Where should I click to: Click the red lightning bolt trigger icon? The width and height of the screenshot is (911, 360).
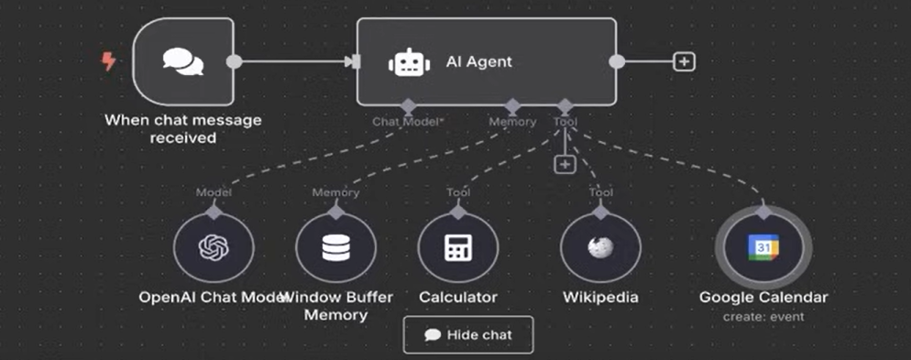[x=108, y=62]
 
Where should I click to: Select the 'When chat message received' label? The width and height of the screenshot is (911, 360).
[x=182, y=129]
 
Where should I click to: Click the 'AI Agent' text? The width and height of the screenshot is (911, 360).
[x=478, y=62]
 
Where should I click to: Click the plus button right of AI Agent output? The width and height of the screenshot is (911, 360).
[x=684, y=61]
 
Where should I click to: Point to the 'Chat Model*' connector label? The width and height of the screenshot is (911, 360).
[x=401, y=121]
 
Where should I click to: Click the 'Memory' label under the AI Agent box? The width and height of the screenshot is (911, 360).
[x=512, y=121]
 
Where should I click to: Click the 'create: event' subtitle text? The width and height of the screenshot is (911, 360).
[x=763, y=317]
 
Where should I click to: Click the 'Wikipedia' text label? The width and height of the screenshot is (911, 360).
[x=600, y=298]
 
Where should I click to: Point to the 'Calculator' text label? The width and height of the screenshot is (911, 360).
[x=457, y=298]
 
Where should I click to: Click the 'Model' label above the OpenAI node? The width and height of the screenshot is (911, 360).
[x=213, y=192]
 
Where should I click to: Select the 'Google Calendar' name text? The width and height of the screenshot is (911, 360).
[x=763, y=298]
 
